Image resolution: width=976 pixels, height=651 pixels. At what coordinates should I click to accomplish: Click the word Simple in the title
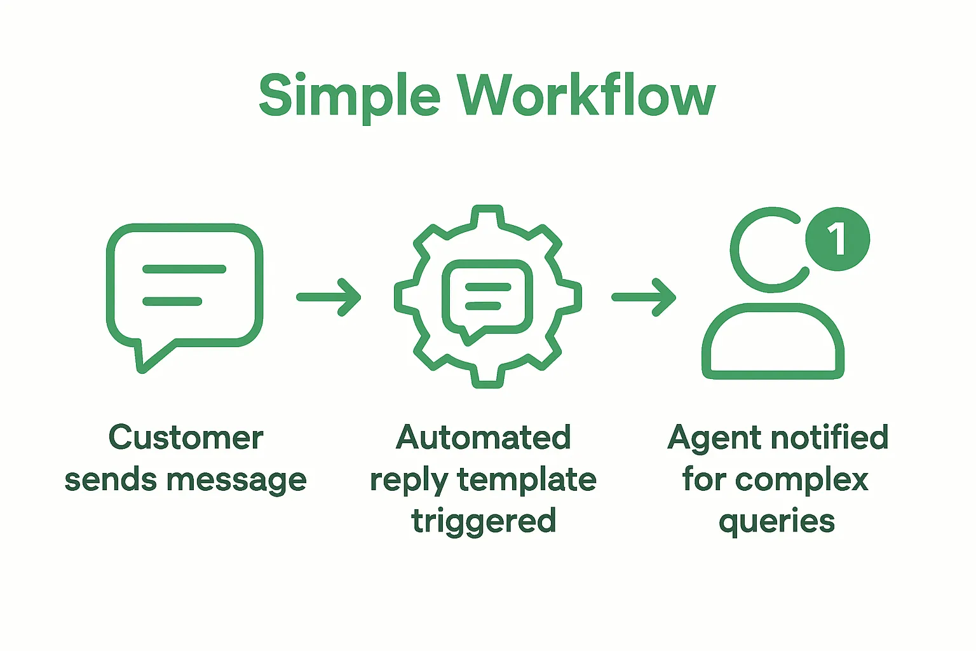pos(349,96)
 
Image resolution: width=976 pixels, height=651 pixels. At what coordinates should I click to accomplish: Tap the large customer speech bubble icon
pos(184,286)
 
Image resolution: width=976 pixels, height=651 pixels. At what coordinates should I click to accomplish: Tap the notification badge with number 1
pos(837,239)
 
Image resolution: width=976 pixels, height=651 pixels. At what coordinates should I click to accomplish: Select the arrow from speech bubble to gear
pos(329,297)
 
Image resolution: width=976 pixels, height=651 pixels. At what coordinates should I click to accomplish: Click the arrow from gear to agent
pos(644,297)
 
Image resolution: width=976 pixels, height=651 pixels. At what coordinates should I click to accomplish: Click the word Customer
pos(186,438)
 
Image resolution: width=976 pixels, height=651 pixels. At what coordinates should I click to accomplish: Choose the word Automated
pos(484,438)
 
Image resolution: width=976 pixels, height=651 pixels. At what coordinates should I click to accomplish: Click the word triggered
pos(484,522)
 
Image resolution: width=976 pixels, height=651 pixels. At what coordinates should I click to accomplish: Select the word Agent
pos(714,438)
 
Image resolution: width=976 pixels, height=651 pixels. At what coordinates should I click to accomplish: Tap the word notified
pos(829,438)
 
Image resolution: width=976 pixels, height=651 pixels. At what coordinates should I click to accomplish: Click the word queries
pos(776,522)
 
